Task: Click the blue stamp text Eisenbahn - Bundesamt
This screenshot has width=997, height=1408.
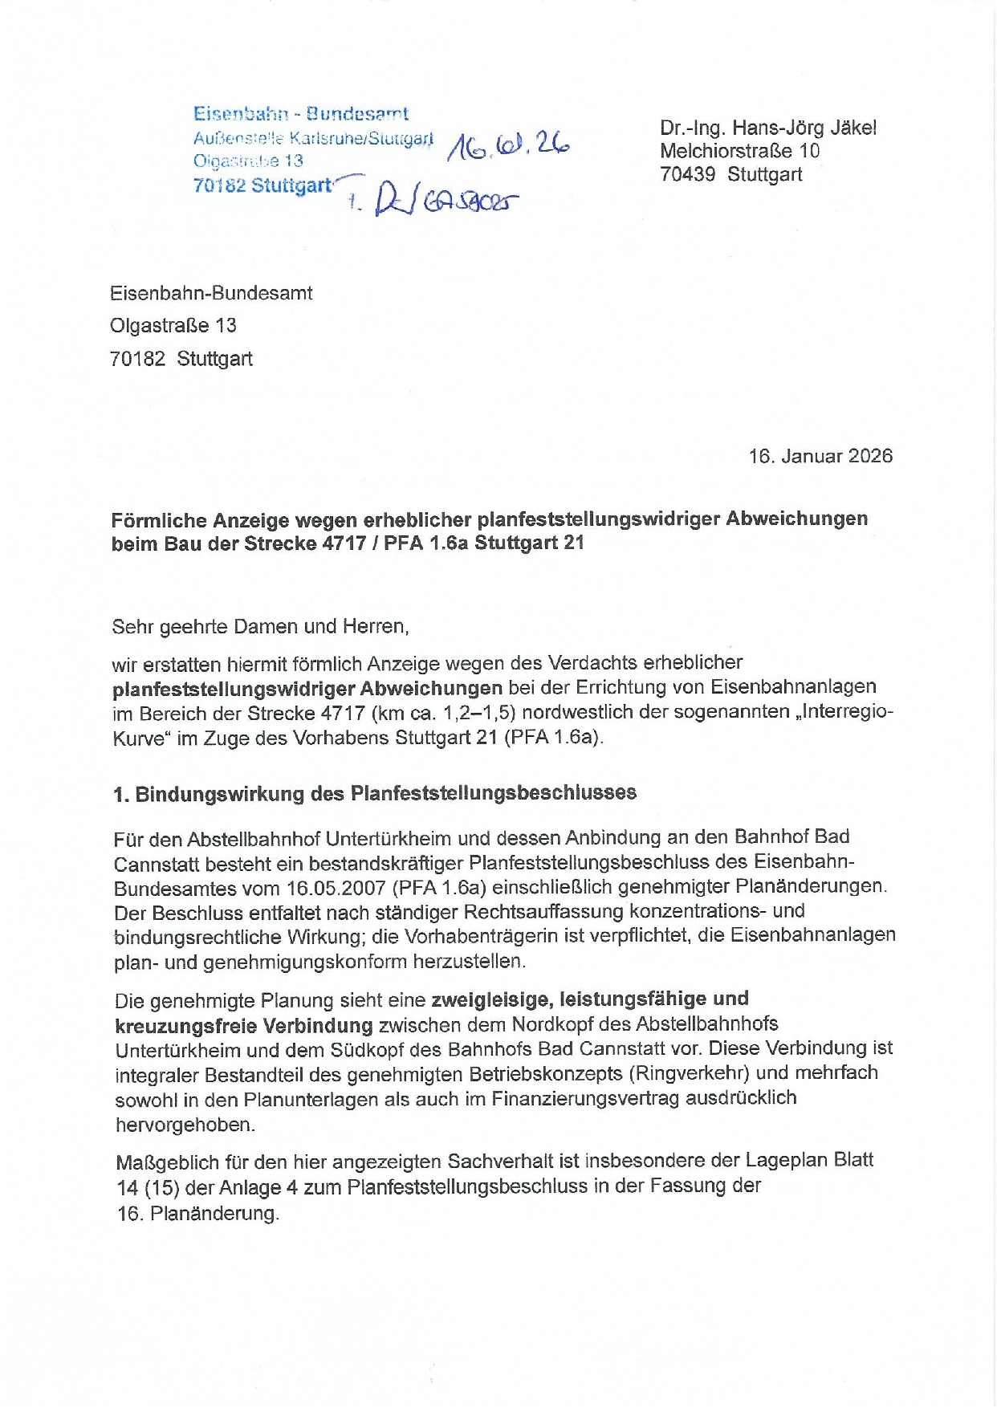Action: pyautogui.click(x=300, y=114)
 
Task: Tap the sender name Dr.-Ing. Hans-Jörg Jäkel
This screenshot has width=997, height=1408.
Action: pyautogui.click(x=767, y=128)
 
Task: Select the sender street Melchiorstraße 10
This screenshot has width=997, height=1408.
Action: pyautogui.click(x=739, y=151)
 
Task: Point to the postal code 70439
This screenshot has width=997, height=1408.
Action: pyautogui.click(x=687, y=174)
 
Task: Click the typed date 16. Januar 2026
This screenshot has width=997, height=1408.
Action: pyautogui.click(x=820, y=456)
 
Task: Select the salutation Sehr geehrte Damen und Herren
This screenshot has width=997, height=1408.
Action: pyautogui.click(x=260, y=626)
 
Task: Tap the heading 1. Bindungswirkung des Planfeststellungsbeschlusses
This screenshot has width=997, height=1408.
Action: pyautogui.click(x=375, y=793)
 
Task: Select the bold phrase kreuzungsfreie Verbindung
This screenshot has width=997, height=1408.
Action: pyautogui.click(x=244, y=1025)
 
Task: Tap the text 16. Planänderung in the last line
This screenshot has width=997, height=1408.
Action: pyautogui.click(x=198, y=1213)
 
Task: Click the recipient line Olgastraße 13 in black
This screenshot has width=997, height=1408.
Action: pyautogui.click(x=173, y=325)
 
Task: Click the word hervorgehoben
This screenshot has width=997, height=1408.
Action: pyautogui.click(x=185, y=1125)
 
